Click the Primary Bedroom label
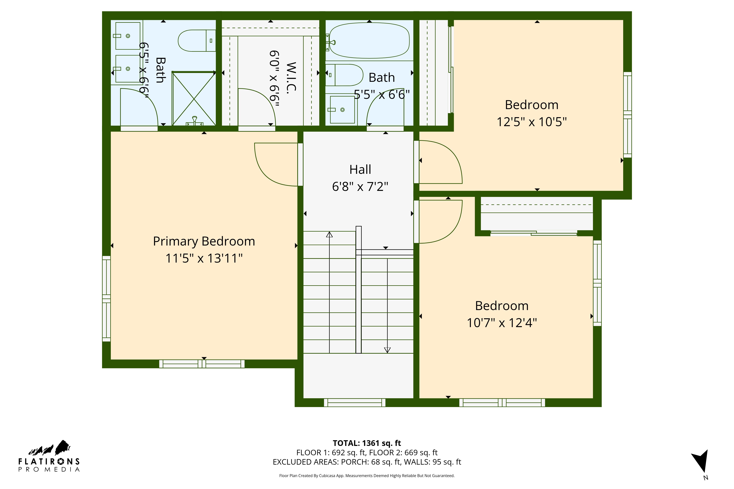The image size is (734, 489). (204, 241)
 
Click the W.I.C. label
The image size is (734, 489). (291, 78)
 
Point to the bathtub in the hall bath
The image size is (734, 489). (369, 41)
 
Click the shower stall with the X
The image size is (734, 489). (194, 98)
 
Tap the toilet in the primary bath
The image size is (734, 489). (196, 41)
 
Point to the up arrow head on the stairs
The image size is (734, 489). (329, 235)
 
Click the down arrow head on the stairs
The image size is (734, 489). (387, 350)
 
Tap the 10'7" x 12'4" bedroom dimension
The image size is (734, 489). (502, 323)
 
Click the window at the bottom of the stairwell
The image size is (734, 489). (355, 403)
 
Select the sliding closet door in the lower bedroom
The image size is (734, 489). (534, 233)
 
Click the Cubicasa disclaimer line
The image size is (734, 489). (367, 476)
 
